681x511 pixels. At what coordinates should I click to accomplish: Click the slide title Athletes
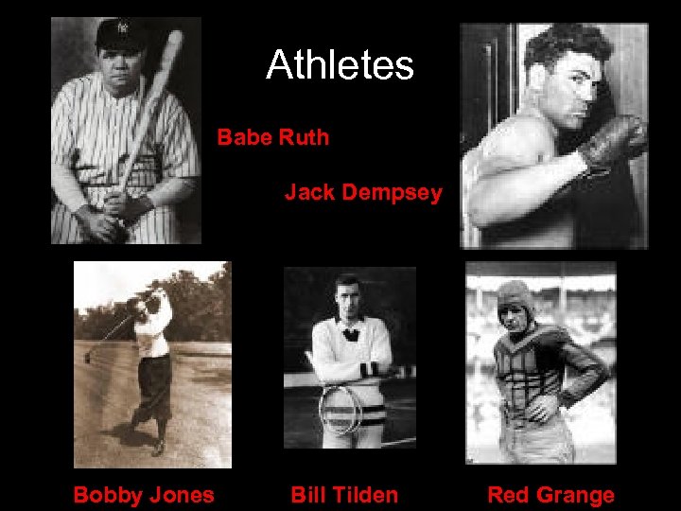click(x=340, y=65)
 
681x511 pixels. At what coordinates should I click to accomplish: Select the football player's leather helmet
click(x=515, y=295)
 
